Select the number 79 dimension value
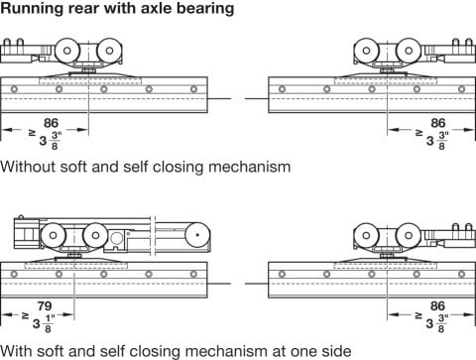(45, 306)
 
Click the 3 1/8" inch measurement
(44, 324)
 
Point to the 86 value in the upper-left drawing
(51, 123)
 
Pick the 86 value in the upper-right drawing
(438, 123)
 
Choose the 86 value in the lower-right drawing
(437, 306)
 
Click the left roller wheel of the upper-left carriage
(67, 51)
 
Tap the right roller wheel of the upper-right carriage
(409, 51)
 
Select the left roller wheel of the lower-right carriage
(366, 235)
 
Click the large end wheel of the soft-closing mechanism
(197, 235)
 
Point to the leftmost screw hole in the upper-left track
(14, 89)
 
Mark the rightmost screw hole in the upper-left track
(193, 89)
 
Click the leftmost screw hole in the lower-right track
(282, 274)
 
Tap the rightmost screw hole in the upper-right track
(461, 89)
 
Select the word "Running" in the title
(32, 9)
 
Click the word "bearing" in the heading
(205, 9)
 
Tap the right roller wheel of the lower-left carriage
(95, 235)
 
